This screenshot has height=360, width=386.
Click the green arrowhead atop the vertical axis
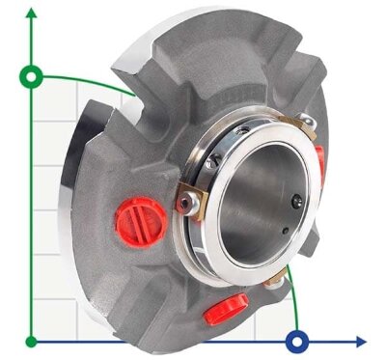33,13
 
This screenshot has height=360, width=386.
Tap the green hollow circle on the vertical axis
33,74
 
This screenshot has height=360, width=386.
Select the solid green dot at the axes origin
33,341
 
